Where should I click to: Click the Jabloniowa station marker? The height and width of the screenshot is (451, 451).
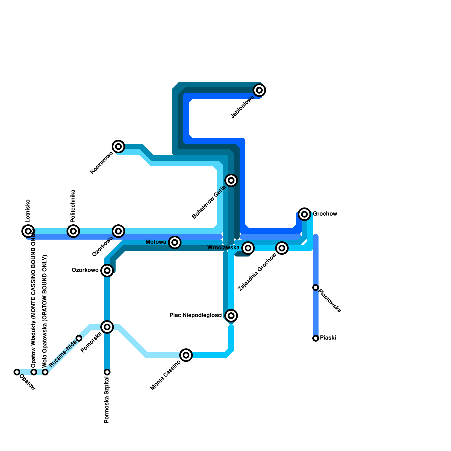259,90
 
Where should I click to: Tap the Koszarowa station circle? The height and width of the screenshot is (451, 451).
118,147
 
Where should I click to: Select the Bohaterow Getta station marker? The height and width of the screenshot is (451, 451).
231,180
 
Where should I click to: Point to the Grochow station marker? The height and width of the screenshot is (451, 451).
304,214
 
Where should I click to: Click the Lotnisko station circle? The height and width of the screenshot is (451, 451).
28,231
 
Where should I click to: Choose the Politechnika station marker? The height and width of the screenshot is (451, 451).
73,231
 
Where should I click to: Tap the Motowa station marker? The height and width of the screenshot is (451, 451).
175,242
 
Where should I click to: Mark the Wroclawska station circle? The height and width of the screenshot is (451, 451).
248,248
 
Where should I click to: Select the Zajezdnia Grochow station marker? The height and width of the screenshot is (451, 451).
282,248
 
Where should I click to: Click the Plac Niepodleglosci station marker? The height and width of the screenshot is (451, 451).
231,316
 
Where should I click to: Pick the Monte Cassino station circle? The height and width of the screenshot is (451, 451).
186,355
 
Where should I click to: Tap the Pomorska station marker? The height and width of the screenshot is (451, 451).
107,327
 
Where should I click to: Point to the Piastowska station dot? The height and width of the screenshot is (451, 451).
316,288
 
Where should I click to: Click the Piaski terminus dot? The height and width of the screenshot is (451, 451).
316,338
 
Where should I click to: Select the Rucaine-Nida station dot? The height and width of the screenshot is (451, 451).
79,338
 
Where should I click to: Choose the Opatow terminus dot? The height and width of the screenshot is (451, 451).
17,372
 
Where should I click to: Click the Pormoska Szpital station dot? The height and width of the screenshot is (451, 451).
107,372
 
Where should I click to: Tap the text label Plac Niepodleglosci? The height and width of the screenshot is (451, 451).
196,315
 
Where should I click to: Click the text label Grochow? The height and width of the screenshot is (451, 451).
325,214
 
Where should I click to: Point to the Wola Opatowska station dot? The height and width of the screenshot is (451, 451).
45,372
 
